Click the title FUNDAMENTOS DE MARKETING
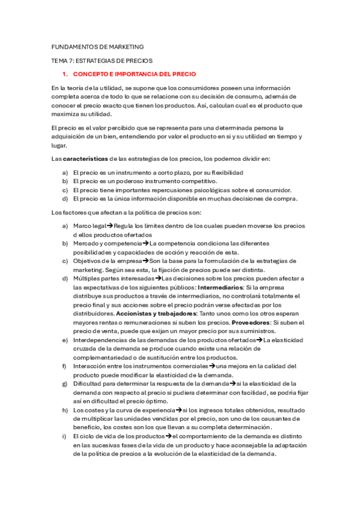(x=97, y=47)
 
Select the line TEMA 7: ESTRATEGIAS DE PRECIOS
(x=102, y=61)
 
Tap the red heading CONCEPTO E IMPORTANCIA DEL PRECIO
(x=134, y=74)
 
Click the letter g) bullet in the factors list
(x=65, y=383)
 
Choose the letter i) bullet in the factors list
(x=64, y=436)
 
